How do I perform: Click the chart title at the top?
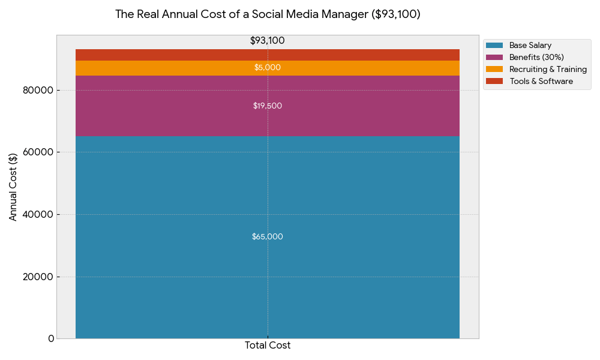point(268,14)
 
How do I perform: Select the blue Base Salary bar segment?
point(180,240)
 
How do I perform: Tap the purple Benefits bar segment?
point(180,106)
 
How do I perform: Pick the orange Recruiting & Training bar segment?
point(180,68)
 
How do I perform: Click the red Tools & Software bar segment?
point(180,55)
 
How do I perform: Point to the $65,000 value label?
point(268,237)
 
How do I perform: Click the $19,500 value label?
point(268,106)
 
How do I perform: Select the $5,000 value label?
point(268,68)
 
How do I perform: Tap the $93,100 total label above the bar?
point(268,41)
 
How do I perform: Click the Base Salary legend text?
point(530,46)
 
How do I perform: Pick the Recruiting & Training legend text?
point(548,70)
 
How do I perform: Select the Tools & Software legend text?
point(541,82)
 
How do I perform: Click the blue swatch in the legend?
point(494,46)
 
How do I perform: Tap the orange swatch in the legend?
point(494,70)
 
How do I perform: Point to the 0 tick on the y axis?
point(51,339)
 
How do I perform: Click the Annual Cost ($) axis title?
point(13,187)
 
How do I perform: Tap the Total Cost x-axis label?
point(268,346)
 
